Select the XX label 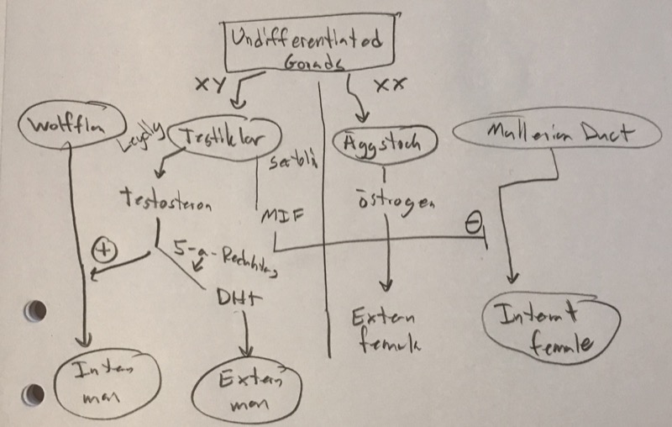pos(388,83)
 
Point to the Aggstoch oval pos(381,143)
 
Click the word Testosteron pos(166,201)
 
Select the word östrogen pos(391,204)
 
